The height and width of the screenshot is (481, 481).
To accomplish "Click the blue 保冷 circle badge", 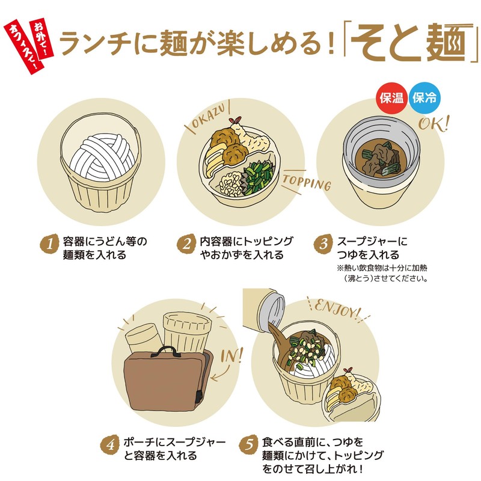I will [424, 99].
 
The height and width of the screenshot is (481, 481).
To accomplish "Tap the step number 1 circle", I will [52, 244].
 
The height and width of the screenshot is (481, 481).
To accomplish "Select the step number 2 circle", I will [188, 244].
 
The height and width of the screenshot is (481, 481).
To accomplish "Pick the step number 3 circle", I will [323, 244].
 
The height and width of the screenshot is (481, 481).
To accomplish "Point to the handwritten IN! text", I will [231, 355].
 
